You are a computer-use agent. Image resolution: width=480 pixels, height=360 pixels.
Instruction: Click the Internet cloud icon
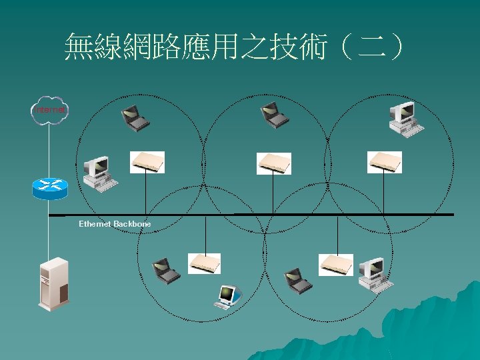49,110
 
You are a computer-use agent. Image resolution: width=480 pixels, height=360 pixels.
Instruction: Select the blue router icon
50,188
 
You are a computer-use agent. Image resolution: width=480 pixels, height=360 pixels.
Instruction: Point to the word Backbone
132,224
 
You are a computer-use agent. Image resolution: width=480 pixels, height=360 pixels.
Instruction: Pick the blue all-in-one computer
228,296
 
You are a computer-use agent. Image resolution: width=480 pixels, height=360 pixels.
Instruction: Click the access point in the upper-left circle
147,162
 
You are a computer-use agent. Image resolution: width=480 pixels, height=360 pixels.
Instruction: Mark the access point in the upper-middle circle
274,162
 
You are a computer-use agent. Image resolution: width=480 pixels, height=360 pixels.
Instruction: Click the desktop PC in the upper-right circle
406,118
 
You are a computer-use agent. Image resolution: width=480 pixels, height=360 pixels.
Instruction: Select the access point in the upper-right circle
385,162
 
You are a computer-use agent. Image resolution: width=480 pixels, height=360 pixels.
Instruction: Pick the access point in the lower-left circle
204,263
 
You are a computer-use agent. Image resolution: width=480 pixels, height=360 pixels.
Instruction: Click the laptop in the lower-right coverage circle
297,279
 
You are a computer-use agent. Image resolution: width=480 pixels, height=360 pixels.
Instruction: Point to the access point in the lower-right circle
336,264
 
